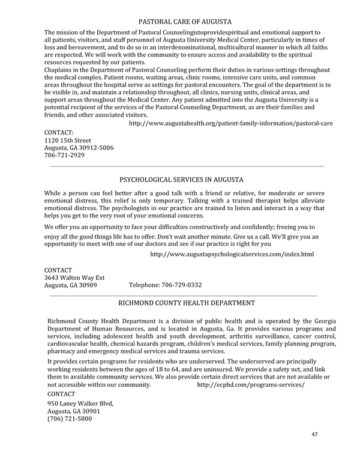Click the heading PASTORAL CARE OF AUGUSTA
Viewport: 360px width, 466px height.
click(184, 22)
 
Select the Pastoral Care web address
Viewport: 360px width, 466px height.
click(231, 123)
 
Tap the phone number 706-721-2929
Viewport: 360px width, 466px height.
click(65, 155)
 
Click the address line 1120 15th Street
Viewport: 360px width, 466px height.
click(68, 140)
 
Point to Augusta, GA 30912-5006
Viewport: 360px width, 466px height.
click(79, 148)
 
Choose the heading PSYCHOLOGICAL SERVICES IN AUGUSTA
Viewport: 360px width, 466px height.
click(182, 180)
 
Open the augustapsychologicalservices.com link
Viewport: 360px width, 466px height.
click(232, 255)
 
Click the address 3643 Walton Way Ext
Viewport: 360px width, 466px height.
click(74, 277)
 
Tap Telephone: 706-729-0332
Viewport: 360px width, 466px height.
click(165, 285)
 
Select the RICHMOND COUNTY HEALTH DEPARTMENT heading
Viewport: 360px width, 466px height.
click(187, 304)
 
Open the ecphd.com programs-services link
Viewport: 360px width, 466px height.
click(251, 384)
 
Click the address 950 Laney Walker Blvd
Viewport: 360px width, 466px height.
click(80, 404)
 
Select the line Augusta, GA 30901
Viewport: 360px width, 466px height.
click(74, 411)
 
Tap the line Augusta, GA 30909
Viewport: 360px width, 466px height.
click(71, 285)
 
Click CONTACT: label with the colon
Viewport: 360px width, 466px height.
click(59, 132)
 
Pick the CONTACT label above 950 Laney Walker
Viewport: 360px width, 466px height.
click(61, 393)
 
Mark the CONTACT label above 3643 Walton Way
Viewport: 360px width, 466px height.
click(58, 270)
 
